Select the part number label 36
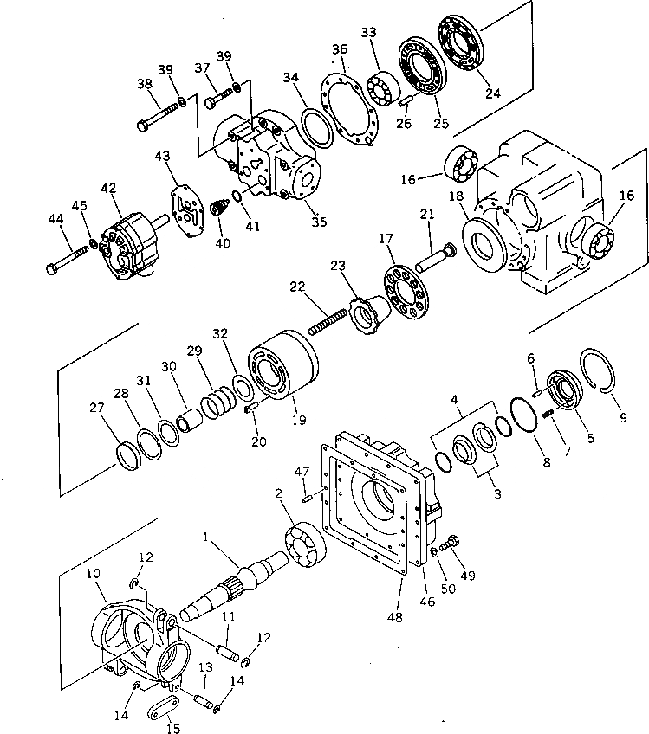(x=340, y=50)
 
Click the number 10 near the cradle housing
(x=93, y=573)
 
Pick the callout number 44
(x=55, y=221)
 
